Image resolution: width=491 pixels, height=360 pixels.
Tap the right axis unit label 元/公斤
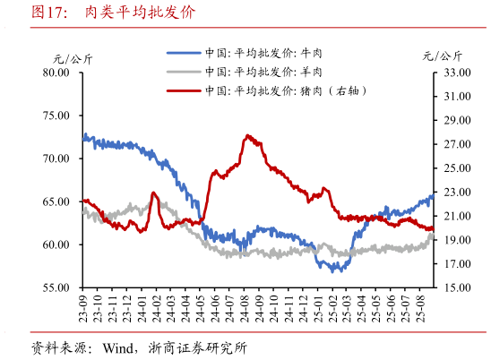443,56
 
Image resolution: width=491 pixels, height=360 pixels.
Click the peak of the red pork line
247,136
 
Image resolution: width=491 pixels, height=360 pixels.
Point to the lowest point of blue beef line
333,270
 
